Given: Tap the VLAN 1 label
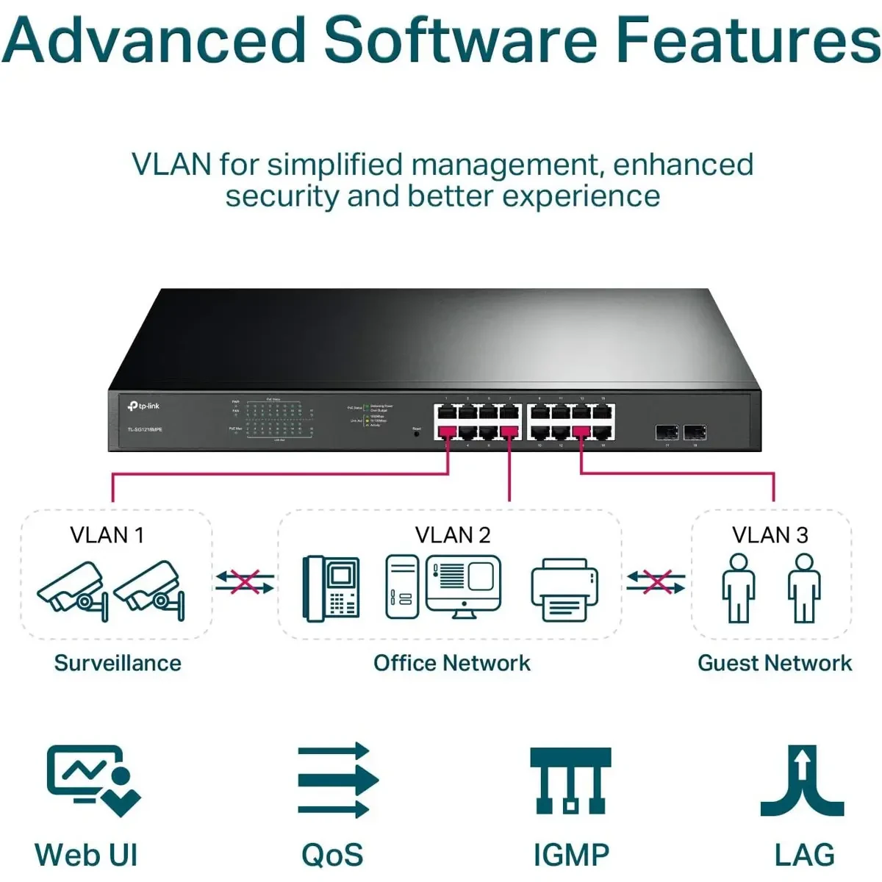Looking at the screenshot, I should coord(107,535).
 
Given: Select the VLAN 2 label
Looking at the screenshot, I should coord(453,535).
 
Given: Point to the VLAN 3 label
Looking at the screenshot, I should coord(770,535).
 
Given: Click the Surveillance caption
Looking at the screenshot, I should coord(118,663).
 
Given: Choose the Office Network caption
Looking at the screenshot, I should coord(452,663).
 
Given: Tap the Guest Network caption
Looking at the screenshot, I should coord(775,663).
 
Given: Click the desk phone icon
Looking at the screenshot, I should coord(331,587).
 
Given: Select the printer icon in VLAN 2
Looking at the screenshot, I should coord(564,589).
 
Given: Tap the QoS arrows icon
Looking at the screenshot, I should coord(337,781).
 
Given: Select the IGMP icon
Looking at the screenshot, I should coord(570,781).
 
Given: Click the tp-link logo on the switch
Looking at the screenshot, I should coord(144,406).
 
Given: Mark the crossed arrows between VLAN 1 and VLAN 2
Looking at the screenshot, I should coord(245,583).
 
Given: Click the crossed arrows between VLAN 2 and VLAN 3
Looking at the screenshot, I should coord(656,583).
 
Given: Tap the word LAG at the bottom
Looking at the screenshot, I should coord(804,856).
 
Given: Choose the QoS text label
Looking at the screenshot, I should coord(332,856).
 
